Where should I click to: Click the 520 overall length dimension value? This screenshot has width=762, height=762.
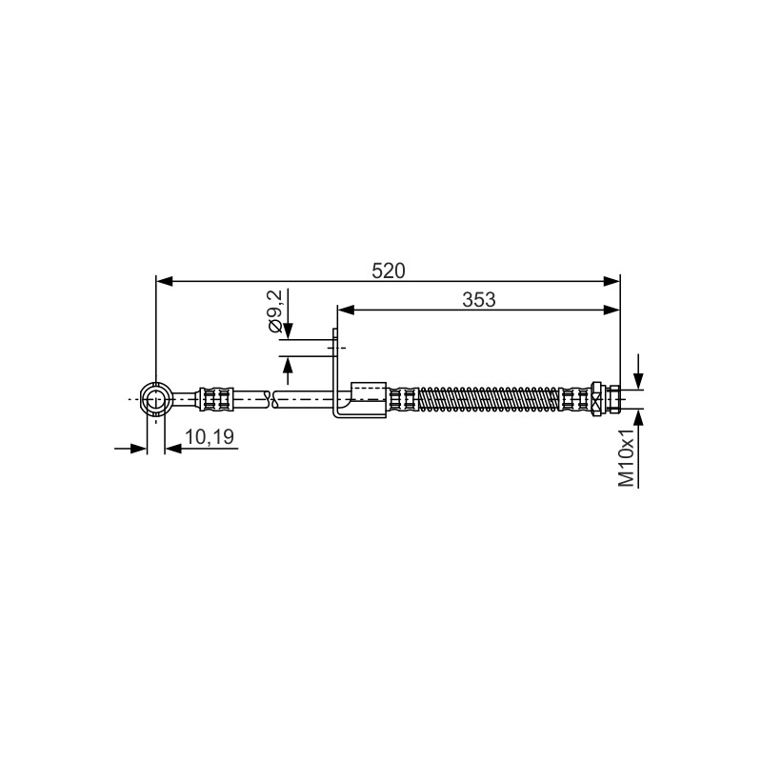click(x=388, y=271)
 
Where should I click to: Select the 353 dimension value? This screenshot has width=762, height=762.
click(x=479, y=300)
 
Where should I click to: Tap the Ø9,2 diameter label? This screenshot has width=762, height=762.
click(x=274, y=311)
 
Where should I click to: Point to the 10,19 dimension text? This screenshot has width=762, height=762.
click(x=210, y=436)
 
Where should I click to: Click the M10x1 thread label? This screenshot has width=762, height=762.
click(x=627, y=458)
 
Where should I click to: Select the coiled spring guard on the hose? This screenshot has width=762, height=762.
click(x=489, y=399)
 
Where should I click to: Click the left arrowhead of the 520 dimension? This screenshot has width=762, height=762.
click(x=165, y=281)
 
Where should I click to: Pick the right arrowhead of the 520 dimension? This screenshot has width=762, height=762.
click(x=612, y=281)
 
